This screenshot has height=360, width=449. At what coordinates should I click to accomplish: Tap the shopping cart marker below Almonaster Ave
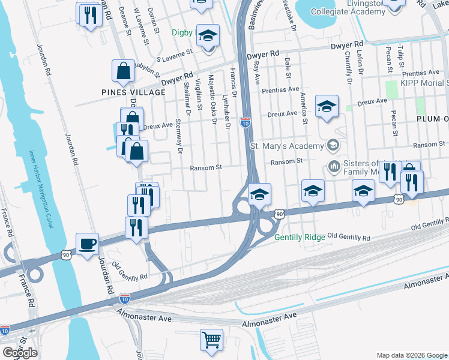coord(211,340)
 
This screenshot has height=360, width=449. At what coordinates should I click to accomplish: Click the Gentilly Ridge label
coord(300,237)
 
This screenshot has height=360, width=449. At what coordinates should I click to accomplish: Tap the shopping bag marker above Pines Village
coord(123,71)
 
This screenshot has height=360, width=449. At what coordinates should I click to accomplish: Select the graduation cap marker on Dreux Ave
coord(327,106)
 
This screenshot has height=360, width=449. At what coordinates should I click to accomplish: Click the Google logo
coord(20,352)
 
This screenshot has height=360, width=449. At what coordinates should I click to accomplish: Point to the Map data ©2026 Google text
coord(411,355)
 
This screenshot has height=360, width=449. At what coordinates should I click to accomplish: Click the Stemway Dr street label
coord(178,137)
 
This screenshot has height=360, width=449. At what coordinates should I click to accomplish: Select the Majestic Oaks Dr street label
coord(212,99)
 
